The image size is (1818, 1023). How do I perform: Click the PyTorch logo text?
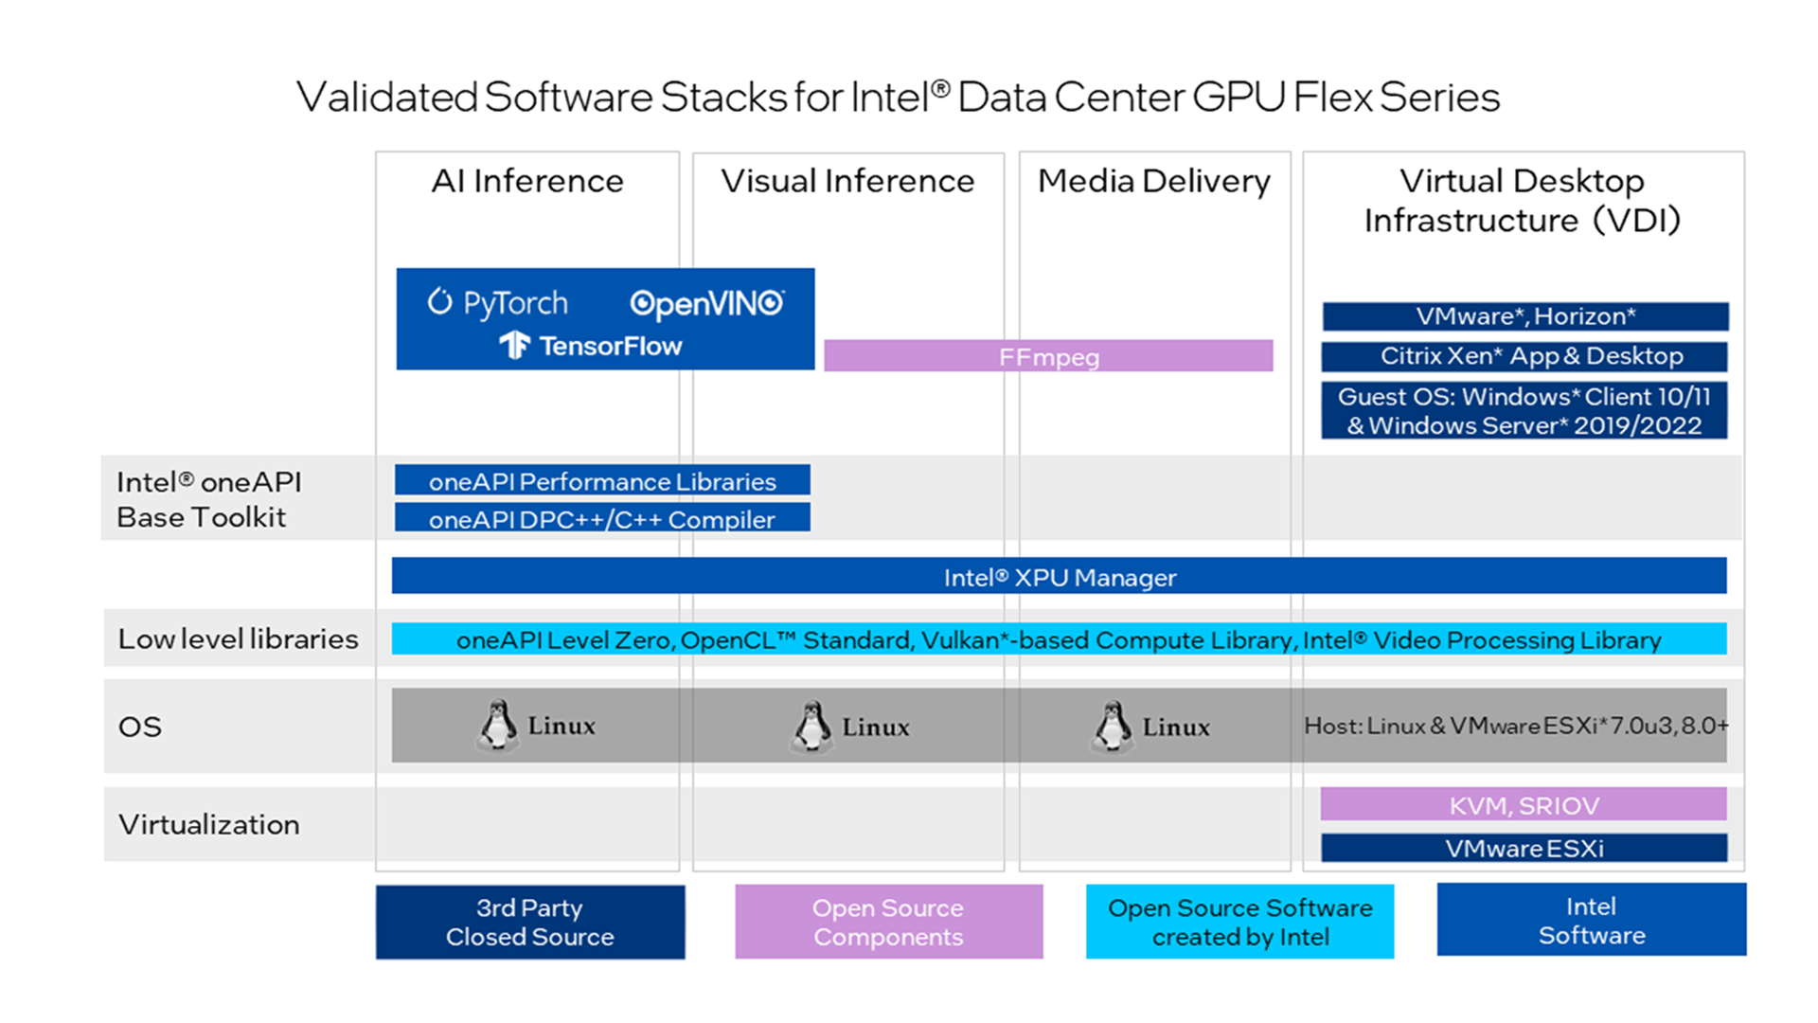coord(498,303)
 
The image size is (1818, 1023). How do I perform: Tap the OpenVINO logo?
coord(706,303)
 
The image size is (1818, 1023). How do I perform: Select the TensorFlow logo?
coord(592,346)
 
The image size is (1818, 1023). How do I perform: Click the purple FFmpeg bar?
coord(1048,356)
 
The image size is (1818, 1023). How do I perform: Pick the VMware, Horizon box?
coord(1524,316)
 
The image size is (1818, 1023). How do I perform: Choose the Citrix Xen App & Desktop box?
coord(1524,356)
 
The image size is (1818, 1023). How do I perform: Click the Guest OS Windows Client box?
coord(1524,410)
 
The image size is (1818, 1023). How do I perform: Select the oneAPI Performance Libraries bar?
coord(602,480)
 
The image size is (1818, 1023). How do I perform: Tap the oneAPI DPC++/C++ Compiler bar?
coord(602,518)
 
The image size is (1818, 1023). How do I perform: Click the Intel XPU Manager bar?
coord(1059,576)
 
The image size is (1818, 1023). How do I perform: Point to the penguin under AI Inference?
coord(497,726)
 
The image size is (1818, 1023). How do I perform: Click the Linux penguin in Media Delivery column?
coord(1112,727)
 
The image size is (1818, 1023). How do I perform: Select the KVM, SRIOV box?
coord(1524,804)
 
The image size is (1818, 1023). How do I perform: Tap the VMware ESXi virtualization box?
coord(1524,848)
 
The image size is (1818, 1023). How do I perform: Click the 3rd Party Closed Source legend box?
coord(530,922)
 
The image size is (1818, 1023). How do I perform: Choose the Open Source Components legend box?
coord(888,922)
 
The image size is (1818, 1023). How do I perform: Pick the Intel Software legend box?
coord(1591,920)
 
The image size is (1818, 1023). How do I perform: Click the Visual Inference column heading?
coord(847,181)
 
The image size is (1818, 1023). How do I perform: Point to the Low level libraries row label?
coord(238,639)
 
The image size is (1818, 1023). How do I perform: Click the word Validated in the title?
coord(386,98)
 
